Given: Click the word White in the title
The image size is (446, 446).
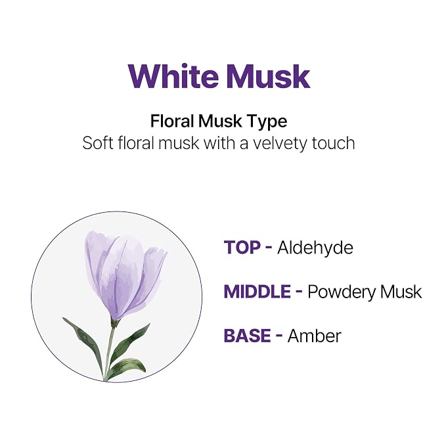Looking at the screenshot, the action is (173, 76).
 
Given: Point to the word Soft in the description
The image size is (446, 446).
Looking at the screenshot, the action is (98, 143).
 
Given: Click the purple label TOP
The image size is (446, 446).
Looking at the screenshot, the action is (242, 247).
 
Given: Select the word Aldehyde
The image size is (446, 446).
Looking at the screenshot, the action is (315, 247).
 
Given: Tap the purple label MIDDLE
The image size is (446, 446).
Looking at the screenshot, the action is (257, 292).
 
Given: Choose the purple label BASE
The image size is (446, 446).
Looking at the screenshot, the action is (247, 336).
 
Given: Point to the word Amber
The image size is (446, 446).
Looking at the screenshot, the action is (314, 336).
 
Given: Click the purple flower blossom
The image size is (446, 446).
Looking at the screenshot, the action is (125, 275).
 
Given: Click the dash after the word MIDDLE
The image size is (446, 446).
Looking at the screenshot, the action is (299, 292).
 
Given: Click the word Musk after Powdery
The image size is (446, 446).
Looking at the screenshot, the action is (401, 292).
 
